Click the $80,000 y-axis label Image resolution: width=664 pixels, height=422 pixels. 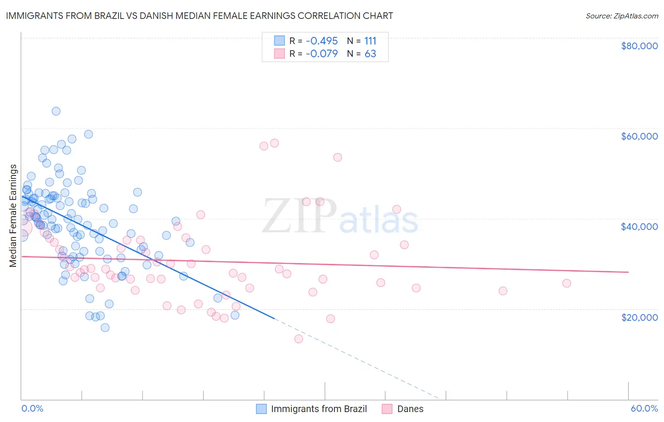point(639,46)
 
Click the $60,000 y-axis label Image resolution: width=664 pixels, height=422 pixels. point(639,136)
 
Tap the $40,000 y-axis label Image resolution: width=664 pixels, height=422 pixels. point(639,227)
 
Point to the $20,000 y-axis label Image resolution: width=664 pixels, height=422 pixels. point(639,317)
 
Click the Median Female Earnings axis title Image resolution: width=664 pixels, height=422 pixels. point(13,216)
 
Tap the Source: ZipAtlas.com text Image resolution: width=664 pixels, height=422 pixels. point(621,16)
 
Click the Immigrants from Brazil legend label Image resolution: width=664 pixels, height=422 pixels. point(319,409)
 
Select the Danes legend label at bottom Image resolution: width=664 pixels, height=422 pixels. point(410,409)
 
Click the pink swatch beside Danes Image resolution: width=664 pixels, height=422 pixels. point(387,409)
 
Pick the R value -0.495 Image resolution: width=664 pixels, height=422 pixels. point(322,41)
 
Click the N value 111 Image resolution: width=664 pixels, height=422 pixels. point(370,41)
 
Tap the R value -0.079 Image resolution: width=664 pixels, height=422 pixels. point(322,53)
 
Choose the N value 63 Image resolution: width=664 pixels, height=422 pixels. point(370,53)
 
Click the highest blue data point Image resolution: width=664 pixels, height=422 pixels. point(56,111)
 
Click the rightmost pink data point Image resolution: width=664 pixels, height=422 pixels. point(567,283)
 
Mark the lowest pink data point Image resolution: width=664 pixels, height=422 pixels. point(298,339)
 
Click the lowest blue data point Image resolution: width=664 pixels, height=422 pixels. point(105,327)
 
